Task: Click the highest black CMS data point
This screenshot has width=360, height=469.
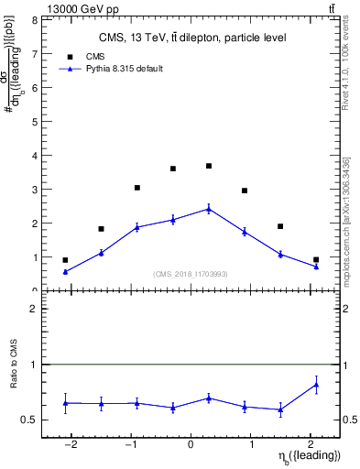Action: [x=209, y=166]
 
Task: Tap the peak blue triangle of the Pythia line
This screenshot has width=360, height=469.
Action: [x=209, y=209]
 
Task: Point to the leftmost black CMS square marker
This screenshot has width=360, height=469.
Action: [x=65, y=260]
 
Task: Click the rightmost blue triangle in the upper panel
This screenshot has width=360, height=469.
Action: [x=316, y=266]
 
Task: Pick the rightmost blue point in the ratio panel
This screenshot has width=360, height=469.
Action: [x=316, y=385]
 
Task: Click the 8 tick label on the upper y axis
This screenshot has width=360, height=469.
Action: [x=33, y=19]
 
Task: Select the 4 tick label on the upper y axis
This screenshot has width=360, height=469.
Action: [x=33, y=155]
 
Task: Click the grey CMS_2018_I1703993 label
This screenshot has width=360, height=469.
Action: [x=191, y=274]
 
